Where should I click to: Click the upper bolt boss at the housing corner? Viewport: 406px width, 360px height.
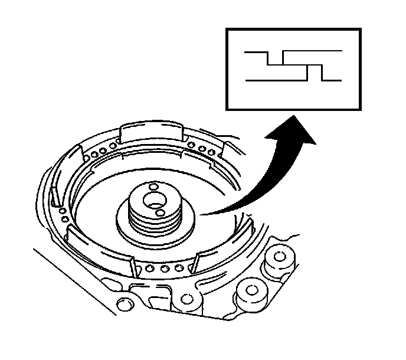[280, 257]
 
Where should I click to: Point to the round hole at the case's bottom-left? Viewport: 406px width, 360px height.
[124, 305]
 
